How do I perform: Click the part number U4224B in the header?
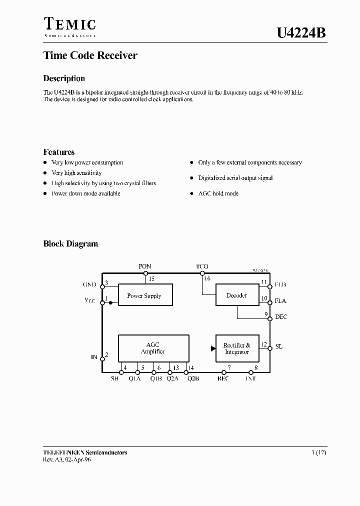point(301,33)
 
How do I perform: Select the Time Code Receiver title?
point(90,55)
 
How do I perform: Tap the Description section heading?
point(64,78)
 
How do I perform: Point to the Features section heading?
point(59,152)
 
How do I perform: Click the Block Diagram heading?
point(70,244)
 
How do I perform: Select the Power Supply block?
point(145,295)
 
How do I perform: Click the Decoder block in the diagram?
point(237,295)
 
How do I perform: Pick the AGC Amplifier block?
point(153,348)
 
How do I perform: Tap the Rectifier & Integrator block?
point(237,348)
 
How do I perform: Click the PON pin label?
point(145,266)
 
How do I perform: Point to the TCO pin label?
point(202,266)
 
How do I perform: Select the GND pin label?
point(89,285)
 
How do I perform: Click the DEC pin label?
point(281,317)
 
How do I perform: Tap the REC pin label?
point(223,378)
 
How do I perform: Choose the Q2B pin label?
point(193,378)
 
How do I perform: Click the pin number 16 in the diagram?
point(207,278)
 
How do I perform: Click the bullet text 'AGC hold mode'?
point(218,193)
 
